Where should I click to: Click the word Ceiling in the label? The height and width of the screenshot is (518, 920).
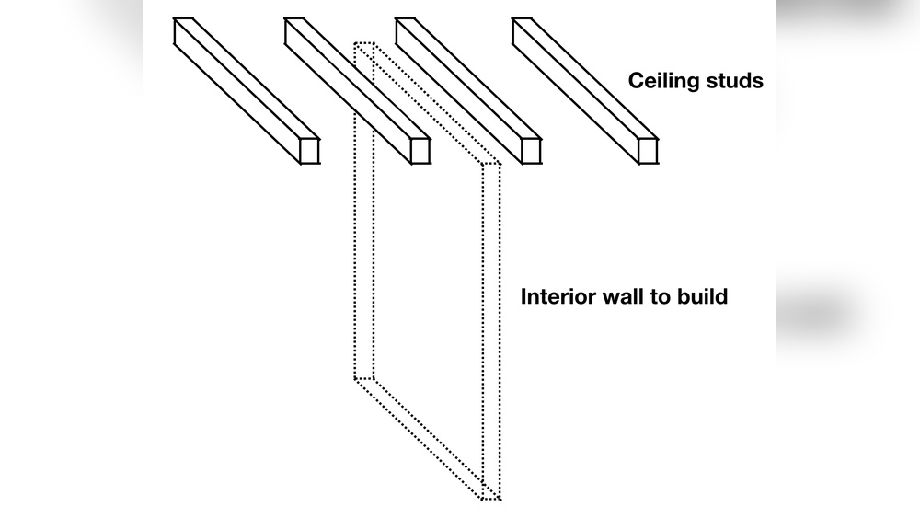click(x=659, y=81)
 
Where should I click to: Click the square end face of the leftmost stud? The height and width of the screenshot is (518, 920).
click(x=309, y=151)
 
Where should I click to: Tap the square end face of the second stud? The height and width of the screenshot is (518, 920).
click(x=420, y=151)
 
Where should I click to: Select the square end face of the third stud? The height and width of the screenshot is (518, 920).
click(x=530, y=151)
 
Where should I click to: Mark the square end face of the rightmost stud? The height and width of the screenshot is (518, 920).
click(x=648, y=151)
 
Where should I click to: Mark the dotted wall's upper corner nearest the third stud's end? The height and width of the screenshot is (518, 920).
click(x=497, y=167)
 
